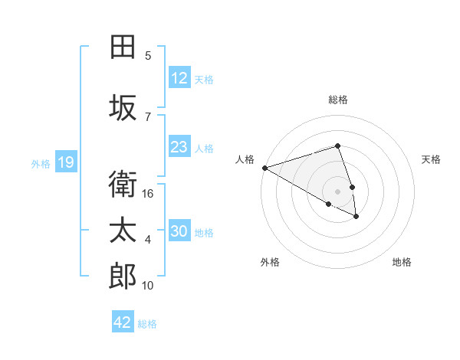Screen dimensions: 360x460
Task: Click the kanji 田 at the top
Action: click(123, 47)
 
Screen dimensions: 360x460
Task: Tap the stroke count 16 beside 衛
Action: click(149, 194)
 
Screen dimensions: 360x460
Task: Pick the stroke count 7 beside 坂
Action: click(148, 116)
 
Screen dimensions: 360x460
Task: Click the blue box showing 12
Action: click(179, 78)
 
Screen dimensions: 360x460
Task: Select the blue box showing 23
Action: click(179, 147)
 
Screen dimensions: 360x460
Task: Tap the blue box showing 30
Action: click(179, 231)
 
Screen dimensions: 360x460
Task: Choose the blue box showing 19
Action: click(66, 162)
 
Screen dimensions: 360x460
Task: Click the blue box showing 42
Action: click(123, 322)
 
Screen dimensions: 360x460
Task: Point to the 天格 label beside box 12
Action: click(204, 79)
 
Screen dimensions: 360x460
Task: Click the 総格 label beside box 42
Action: click(147, 323)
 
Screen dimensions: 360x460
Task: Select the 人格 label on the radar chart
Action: click(245, 159)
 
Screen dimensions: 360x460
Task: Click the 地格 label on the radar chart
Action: click(402, 262)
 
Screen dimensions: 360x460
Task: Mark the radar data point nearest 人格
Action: click(264, 167)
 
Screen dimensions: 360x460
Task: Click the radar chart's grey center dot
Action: click(337, 191)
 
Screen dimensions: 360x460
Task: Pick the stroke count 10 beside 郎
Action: click(148, 286)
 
